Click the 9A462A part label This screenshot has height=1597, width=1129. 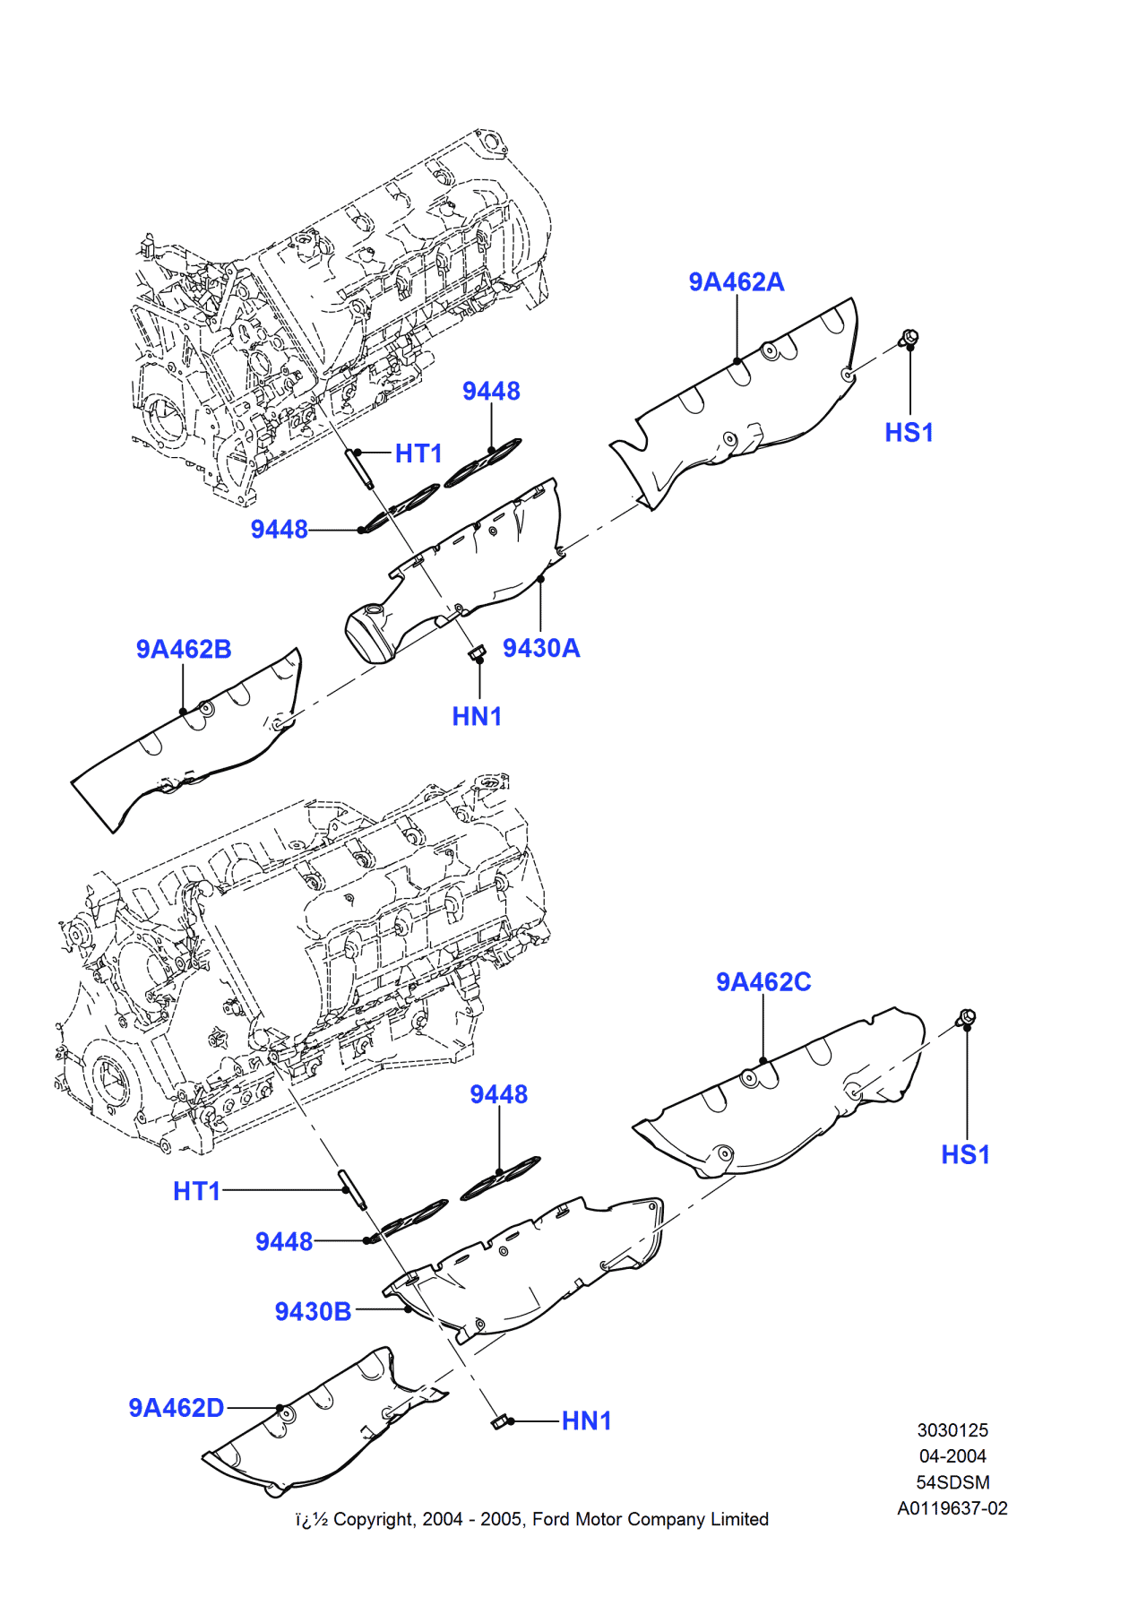point(736,282)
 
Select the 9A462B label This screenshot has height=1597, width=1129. point(184,649)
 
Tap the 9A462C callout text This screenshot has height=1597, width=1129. point(763,982)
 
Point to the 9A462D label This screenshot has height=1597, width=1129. point(176,1408)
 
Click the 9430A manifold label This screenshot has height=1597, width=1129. point(541,648)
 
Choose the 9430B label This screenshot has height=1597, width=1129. point(313,1312)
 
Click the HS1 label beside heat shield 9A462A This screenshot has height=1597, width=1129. point(909,433)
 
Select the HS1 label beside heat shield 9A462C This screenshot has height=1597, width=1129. point(965,1154)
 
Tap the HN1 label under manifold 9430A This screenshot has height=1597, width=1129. point(477,717)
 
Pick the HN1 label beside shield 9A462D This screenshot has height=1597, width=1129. point(586,1421)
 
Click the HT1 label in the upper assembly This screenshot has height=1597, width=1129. point(418,453)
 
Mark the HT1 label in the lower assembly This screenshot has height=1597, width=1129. point(196,1191)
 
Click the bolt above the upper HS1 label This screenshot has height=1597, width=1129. point(908,338)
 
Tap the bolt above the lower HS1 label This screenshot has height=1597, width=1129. point(966,1017)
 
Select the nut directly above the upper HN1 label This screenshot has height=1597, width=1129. point(478,652)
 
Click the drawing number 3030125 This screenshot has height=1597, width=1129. point(952,1430)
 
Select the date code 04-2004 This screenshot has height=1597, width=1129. point(952,1456)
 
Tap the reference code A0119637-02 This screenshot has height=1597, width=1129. point(952,1508)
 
